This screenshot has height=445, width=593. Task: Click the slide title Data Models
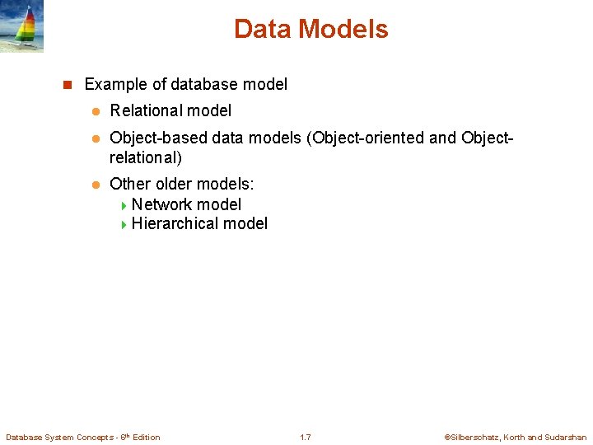click(x=311, y=30)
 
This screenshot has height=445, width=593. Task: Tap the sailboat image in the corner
click(x=22, y=26)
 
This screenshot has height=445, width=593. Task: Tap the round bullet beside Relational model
click(x=95, y=111)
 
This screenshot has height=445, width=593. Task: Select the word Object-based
click(x=158, y=138)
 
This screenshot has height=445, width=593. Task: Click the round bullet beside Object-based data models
click(x=95, y=138)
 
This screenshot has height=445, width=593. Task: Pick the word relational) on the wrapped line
click(x=145, y=157)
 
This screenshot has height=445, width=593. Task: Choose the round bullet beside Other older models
click(x=95, y=185)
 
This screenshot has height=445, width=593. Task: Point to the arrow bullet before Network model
click(x=124, y=205)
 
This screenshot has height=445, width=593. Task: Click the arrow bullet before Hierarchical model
click(x=124, y=224)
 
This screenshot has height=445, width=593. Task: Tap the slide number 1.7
click(x=305, y=437)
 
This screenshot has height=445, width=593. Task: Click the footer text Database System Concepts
click(x=62, y=437)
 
